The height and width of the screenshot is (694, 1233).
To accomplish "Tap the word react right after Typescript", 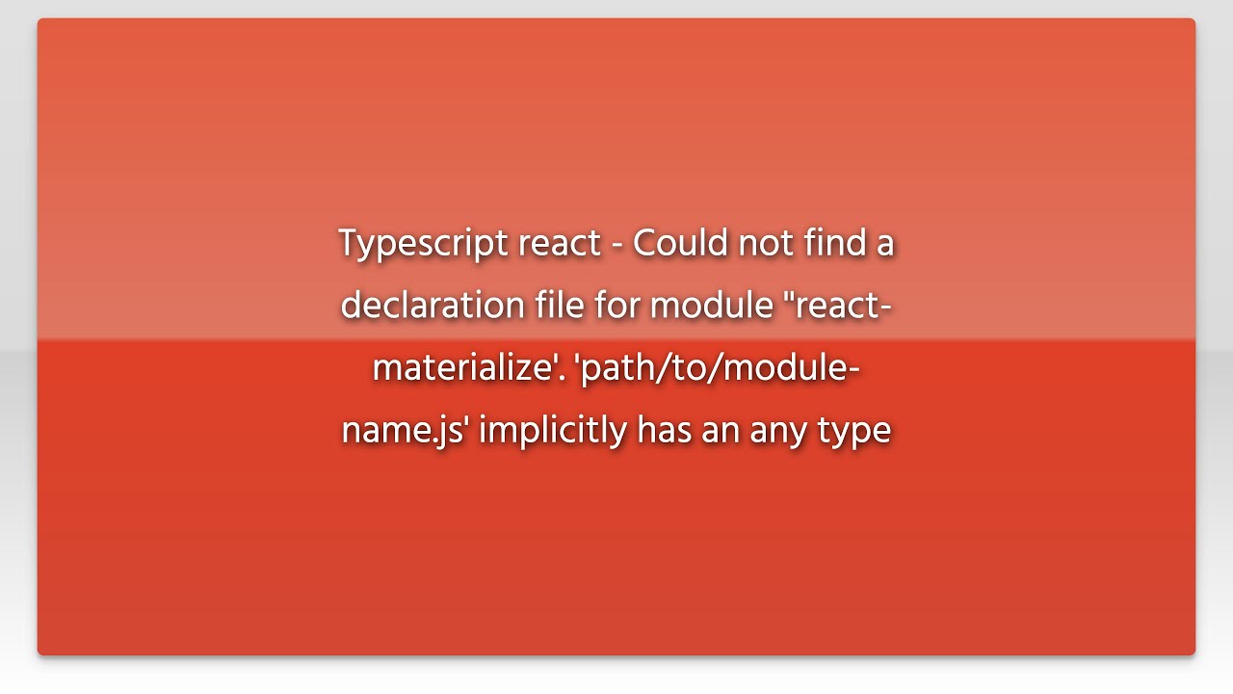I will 560,244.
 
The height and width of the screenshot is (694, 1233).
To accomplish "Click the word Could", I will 681,243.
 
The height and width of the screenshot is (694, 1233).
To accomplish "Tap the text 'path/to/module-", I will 716,368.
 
